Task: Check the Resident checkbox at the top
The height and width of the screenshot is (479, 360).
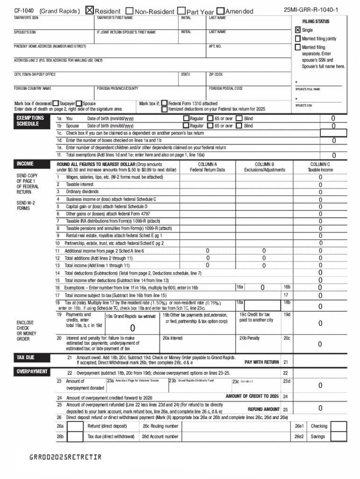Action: tap(90, 11)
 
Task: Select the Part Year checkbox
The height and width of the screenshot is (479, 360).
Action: tap(182, 11)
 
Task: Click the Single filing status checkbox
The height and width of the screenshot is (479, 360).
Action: tap(297, 30)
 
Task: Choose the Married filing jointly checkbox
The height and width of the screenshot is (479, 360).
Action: tap(297, 39)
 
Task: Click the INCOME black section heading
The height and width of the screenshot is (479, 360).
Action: tap(25, 164)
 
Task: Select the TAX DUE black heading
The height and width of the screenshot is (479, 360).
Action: tap(25, 357)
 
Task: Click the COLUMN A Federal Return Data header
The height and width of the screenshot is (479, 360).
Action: tap(207, 167)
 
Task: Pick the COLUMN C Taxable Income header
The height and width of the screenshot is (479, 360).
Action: tap(320, 167)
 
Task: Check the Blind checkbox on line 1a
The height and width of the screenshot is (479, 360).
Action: tap(239, 119)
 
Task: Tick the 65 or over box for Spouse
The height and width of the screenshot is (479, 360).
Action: tap(210, 126)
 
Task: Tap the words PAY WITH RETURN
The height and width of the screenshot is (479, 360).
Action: tap(261, 362)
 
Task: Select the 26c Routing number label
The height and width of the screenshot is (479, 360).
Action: tap(160, 426)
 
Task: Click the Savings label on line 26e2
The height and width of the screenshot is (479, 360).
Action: tap(317, 437)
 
